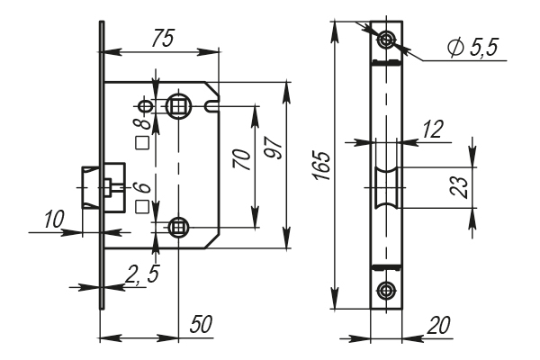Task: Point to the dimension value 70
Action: pyautogui.click(x=240, y=162)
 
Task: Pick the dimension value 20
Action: pyautogui.click(x=440, y=325)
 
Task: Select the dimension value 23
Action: pyautogui.click(x=458, y=186)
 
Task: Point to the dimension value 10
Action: pyautogui.click(x=53, y=219)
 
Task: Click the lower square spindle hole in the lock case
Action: pyautogui.click(x=179, y=227)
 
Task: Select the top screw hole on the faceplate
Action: pyautogui.click(x=387, y=40)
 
